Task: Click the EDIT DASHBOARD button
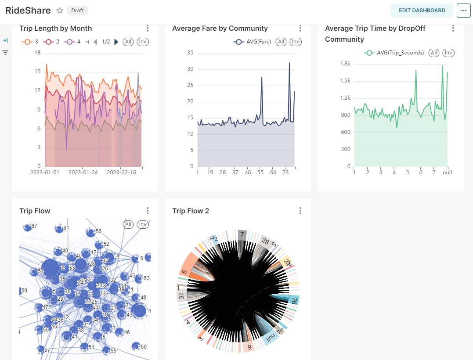click(x=422, y=11)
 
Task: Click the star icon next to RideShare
click(x=60, y=11)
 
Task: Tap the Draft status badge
click(x=78, y=11)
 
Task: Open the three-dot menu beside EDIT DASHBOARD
click(x=463, y=11)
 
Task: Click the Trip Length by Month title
click(x=56, y=29)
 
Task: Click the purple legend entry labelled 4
click(x=73, y=42)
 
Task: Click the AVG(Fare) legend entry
click(x=253, y=42)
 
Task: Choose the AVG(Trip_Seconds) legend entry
click(x=394, y=53)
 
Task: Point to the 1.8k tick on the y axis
click(x=345, y=64)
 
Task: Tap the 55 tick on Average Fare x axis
click(x=260, y=173)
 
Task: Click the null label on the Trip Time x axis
click(x=447, y=173)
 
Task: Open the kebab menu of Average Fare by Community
click(x=300, y=29)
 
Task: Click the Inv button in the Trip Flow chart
click(x=142, y=224)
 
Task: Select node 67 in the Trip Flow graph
click(x=27, y=227)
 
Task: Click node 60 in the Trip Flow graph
click(x=137, y=346)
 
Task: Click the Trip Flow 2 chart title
click(x=191, y=211)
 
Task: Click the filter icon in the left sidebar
click(x=5, y=53)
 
